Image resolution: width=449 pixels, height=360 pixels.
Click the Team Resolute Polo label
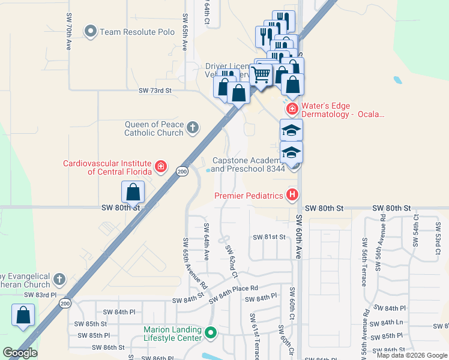[137, 31]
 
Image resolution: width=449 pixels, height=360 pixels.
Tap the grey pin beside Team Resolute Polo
[91, 31]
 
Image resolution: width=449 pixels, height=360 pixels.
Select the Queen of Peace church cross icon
[192, 127]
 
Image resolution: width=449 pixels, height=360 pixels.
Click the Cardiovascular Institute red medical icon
[160, 166]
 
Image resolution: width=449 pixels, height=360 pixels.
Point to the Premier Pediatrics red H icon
[292, 194]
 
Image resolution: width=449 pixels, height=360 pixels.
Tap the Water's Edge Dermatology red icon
[292, 109]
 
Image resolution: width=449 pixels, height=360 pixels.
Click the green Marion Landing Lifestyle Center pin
[210, 332]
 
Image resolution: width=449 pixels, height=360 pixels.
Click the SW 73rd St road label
[155, 91]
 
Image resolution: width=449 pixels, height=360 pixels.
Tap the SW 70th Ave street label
[70, 37]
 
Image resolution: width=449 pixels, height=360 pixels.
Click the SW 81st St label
[270, 237]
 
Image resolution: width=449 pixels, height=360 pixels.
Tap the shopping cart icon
[261, 75]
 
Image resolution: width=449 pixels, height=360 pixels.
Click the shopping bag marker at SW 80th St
[133, 192]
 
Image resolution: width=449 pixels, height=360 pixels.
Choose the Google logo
[20, 353]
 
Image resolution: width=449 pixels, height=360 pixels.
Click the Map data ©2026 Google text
[412, 355]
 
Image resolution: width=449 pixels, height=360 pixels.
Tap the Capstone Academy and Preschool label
[246, 165]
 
